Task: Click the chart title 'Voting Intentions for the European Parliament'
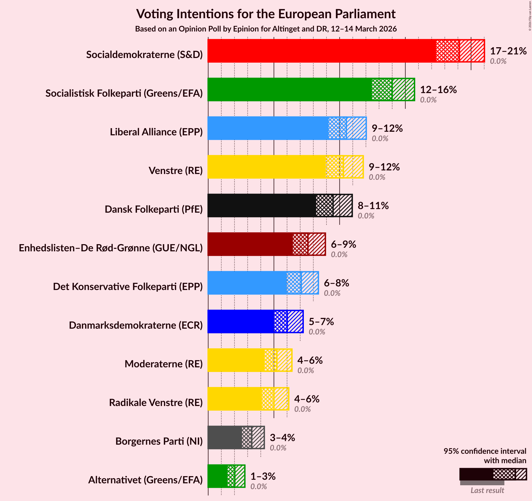click(x=266, y=14)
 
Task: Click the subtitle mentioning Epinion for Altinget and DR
click(x=266, y=29)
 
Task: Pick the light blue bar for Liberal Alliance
click(x=268, y=128)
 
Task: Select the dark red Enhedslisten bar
click(x=250, y=244)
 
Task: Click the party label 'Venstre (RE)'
click(x=176, y=171)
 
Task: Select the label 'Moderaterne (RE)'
click(x=164, y=364)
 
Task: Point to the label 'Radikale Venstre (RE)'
click(x=156, y=403)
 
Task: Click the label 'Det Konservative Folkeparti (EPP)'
click(x=128, y=287)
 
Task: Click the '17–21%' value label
click(x=508, y=51)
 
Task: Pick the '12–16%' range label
click(x=438, y=90)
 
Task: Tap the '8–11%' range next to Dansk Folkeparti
click(x=373, y=206)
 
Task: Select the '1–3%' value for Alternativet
click(x=263, y=476)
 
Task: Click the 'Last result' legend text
click(x=487, y=490)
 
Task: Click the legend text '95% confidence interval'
click(x=485, y=451)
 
